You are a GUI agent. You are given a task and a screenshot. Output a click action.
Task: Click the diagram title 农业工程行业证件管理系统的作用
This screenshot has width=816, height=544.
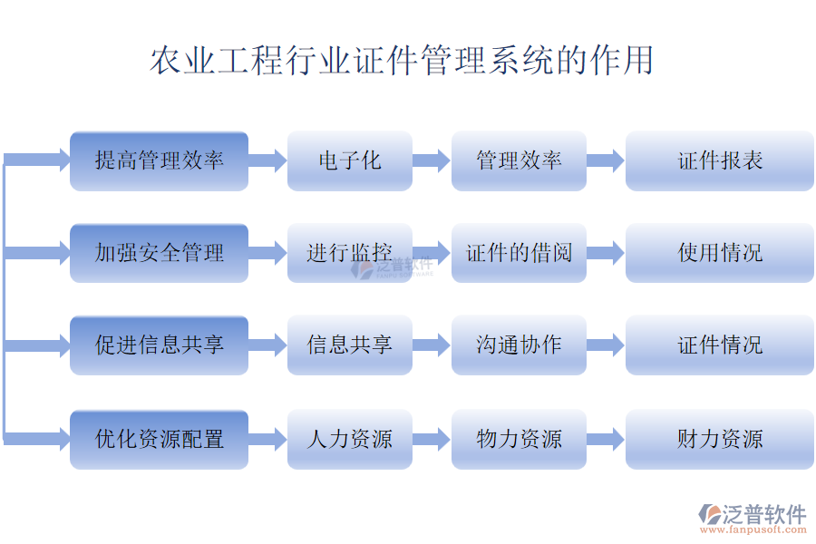click(401, 62)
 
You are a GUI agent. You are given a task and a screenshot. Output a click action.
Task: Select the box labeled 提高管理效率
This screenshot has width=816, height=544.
click(159, 161)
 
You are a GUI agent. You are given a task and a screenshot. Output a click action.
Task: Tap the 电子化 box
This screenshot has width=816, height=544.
click(350, 161)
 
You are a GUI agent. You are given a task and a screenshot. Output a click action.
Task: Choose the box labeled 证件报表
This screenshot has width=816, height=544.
click(720, 161)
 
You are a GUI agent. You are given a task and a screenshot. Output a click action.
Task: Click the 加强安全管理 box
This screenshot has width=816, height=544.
click(159, 253)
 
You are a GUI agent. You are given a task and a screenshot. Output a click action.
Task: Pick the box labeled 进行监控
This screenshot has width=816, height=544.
click(350, 253)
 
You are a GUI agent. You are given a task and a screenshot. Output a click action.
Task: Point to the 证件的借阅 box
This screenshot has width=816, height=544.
click(519, 253)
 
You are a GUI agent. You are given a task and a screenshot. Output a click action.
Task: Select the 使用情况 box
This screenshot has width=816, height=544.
click(720, 253)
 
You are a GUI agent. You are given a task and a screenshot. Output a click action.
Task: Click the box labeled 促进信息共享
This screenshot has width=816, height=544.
click(159, 345)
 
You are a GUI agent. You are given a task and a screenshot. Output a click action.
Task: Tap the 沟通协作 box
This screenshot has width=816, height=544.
click(519, 345)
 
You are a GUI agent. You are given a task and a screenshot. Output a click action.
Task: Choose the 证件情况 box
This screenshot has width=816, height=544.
click(720, 345)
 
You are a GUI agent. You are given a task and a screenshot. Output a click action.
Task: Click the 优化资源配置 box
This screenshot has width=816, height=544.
click(159, 440)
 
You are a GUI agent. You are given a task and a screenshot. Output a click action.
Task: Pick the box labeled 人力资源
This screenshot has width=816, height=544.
click(350, 440)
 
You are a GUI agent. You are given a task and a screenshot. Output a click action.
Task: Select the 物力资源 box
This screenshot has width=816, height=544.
click(519, 440)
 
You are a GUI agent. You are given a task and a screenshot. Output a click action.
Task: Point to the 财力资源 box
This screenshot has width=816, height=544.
click(720, 440)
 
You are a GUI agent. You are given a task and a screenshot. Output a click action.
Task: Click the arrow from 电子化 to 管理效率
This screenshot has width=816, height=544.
click(432, 161)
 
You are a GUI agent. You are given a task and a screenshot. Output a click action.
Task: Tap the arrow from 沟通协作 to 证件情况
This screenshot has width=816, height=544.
click(606, 345)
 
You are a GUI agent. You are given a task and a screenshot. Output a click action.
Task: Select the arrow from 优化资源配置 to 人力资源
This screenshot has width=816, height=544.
click(267, 440)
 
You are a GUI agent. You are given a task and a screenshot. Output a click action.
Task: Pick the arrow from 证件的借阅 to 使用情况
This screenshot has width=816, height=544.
click(606, 253)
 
